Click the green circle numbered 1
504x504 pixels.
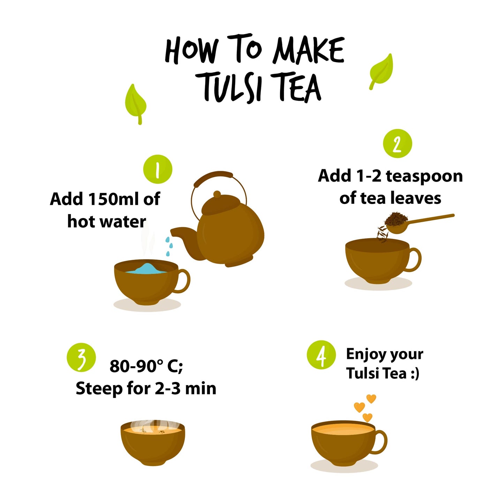(x=158, y=169)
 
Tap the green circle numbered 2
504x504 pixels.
(x=397, y=143)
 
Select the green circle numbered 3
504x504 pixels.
(x=81, y=357)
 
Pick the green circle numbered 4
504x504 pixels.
(x=321, y=355)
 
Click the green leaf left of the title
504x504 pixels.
(x=135, y=104)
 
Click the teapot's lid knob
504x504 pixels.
(x=217, y=194)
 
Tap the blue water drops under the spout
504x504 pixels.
(x=169, y=246)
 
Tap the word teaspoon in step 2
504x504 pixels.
(x=424, y=176)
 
